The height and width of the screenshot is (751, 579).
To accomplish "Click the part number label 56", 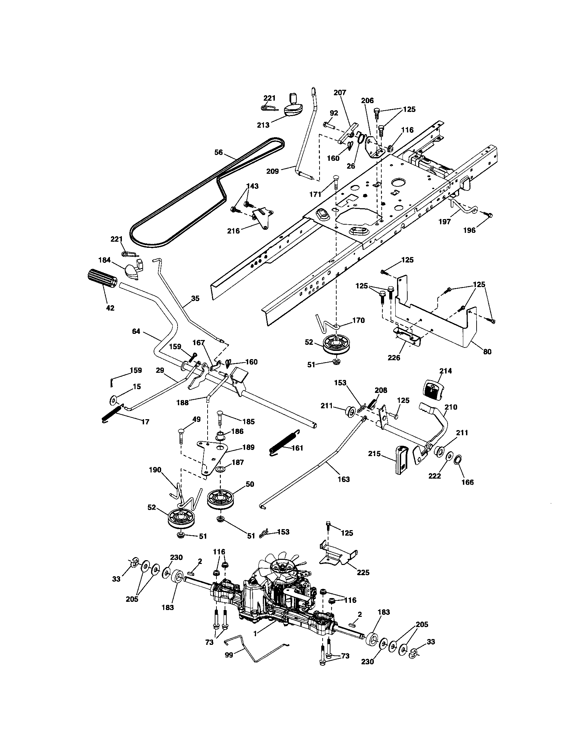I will click(219, 152).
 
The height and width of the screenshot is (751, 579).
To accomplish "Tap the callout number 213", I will click(263, 125).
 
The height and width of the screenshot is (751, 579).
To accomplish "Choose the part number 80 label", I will click(487, 351).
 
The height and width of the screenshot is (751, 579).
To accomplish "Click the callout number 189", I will click(248, 447).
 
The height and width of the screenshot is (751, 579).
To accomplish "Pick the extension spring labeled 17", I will click(112, 413).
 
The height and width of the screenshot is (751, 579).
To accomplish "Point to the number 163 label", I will click(343, 479).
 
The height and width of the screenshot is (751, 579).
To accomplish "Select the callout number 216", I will click(234, 231).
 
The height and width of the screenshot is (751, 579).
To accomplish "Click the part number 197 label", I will click(444, 222).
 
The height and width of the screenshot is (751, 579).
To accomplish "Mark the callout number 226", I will click(394, 358).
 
